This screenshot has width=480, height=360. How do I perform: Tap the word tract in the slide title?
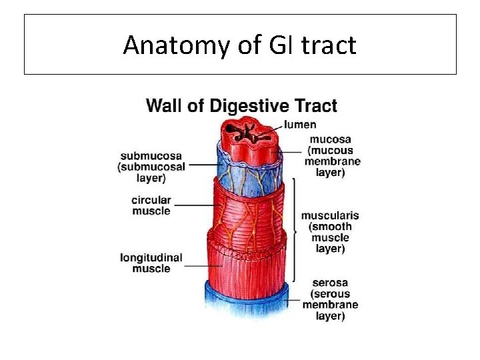point(330,45)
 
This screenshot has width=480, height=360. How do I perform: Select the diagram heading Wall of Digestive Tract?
point(241,105)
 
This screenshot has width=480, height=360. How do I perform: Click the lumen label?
point(300,124)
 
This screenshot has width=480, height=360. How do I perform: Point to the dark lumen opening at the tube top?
point(247,132)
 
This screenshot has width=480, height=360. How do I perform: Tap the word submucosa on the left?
point(151,157)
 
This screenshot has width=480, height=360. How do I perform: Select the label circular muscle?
point(151,205)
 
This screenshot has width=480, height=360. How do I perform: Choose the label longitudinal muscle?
point(151,263)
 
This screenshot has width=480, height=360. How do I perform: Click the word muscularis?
point(330,215)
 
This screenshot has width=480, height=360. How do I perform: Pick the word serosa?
point(329,283)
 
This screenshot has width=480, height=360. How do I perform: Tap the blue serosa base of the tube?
point(247,297)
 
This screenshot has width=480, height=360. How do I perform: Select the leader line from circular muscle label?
point(195,205)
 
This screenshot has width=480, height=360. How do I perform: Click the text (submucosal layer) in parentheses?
point(151,173)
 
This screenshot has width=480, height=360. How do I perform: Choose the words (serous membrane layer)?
point(329,305)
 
